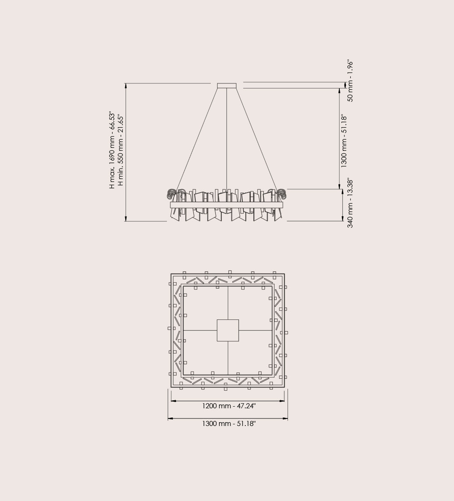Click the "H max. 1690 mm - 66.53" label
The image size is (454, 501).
112,150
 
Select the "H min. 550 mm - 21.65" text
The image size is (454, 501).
120,150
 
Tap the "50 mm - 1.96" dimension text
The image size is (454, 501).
350,81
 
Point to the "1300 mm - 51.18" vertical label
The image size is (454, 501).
344,141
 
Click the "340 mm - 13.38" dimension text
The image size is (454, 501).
350,203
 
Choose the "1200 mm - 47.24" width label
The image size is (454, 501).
229,406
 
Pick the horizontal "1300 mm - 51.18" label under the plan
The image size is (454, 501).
229,423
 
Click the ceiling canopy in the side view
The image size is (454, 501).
227,86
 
